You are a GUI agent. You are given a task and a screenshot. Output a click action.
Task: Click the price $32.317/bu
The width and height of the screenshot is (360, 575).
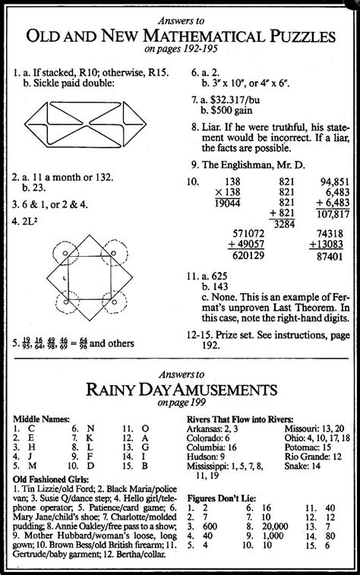(242, 100)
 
